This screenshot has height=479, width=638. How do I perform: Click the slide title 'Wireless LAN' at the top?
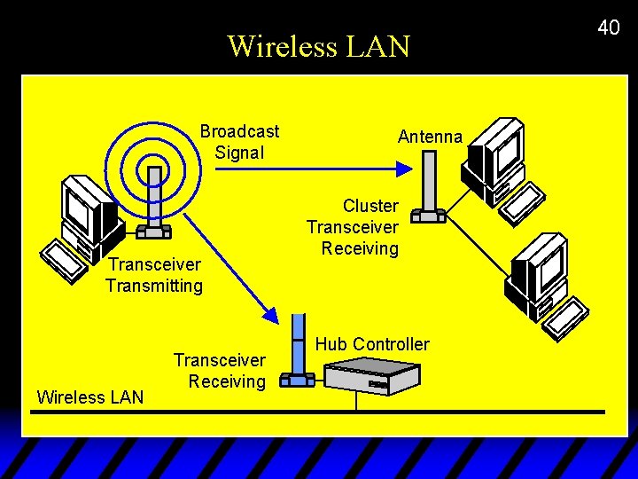point(318,45)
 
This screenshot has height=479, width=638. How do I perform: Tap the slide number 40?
point(608,27)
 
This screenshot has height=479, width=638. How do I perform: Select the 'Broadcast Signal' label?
point(239,142)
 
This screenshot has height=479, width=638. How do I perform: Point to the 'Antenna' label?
point(430,137)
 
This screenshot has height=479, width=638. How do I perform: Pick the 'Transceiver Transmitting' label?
point(154,275)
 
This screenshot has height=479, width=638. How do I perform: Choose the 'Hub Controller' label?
point(372,344)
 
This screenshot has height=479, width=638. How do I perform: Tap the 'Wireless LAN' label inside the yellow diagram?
point(89,397)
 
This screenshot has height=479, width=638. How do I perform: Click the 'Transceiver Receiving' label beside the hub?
point(220,371)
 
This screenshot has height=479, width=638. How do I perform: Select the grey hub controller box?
point(371,375)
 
